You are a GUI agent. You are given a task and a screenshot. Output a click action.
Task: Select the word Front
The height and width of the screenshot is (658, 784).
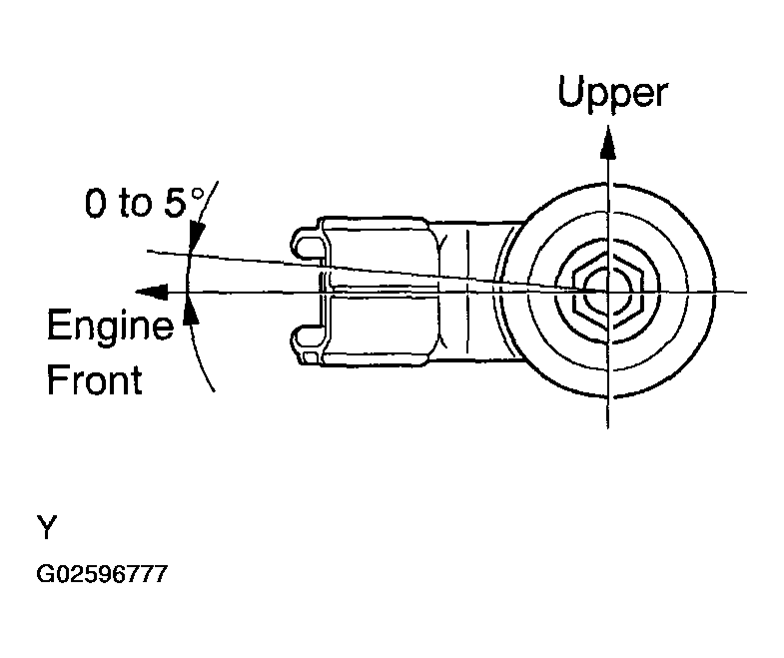coord(94,380)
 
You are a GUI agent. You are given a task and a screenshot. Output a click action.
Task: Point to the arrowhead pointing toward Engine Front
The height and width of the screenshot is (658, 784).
coord(153,291)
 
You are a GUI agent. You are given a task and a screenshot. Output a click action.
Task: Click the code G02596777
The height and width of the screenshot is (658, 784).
coord(102,576)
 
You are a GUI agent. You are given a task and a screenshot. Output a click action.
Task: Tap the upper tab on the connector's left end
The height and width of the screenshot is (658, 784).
coord(306,244)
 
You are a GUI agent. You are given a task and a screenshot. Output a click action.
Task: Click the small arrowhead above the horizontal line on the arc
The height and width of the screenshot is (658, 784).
coord(194,237)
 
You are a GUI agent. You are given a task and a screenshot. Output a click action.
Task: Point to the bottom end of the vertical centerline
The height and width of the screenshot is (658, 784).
coord(606,427)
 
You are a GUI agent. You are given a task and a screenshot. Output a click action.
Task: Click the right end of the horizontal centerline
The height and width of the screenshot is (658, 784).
coord(745,292)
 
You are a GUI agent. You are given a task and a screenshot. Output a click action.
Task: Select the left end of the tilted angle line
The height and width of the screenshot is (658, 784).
coord(148,251)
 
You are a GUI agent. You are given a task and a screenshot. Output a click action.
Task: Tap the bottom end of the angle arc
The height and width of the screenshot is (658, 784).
coord(213,391)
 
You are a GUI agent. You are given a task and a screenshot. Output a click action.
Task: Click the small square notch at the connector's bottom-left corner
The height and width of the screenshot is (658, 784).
coord(312,356)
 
